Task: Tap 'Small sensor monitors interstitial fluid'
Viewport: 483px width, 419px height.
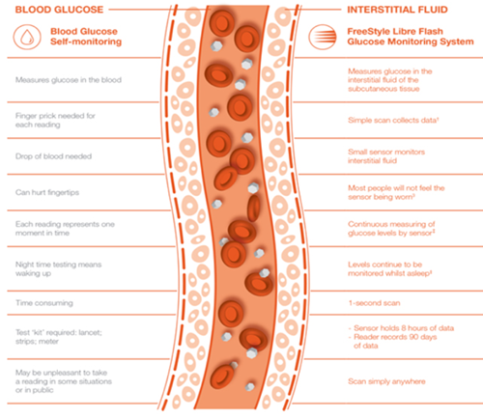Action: (x=392, y=156)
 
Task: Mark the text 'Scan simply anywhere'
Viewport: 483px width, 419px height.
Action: (x=386, y=380)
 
